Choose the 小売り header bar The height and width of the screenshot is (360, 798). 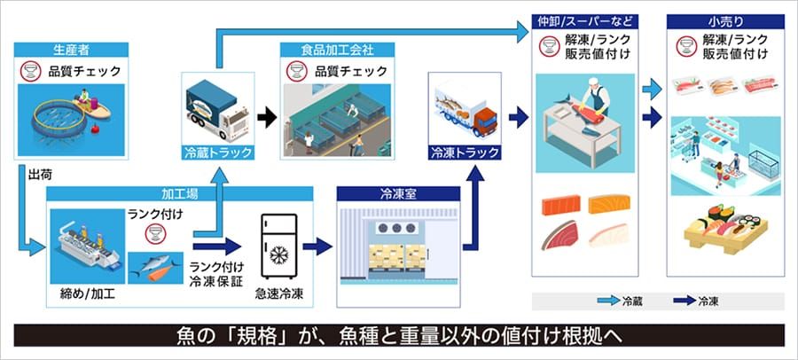tap(720, 19)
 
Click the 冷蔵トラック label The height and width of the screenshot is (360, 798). tap(216, 152)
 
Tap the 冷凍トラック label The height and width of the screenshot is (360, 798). tap(464, 152)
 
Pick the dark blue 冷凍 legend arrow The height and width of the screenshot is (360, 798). tap(676, 301)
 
